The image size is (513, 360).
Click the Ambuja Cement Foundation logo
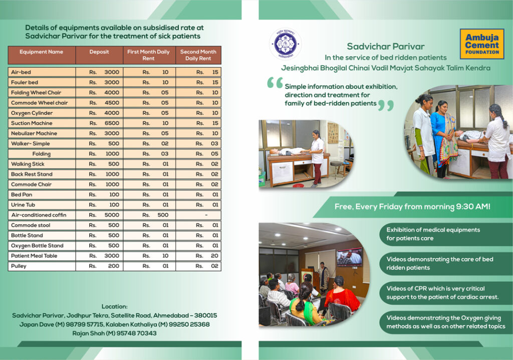482,44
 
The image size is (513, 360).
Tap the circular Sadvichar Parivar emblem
285,44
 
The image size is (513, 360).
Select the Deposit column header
99,52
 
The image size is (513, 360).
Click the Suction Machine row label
32,123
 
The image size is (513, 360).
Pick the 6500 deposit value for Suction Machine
112,123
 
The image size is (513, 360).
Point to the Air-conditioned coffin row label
39,215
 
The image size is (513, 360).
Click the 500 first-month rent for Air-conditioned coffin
163,215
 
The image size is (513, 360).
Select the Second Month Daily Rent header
198,55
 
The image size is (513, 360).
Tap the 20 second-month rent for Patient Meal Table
214,256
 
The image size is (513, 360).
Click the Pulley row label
19,266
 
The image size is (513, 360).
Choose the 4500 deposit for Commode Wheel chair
112,103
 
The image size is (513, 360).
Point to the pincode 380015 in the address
205,315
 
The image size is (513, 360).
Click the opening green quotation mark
275,83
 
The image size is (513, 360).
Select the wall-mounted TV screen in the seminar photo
350,257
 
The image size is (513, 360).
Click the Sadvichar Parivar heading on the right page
386,47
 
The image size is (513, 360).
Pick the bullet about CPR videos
442,293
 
